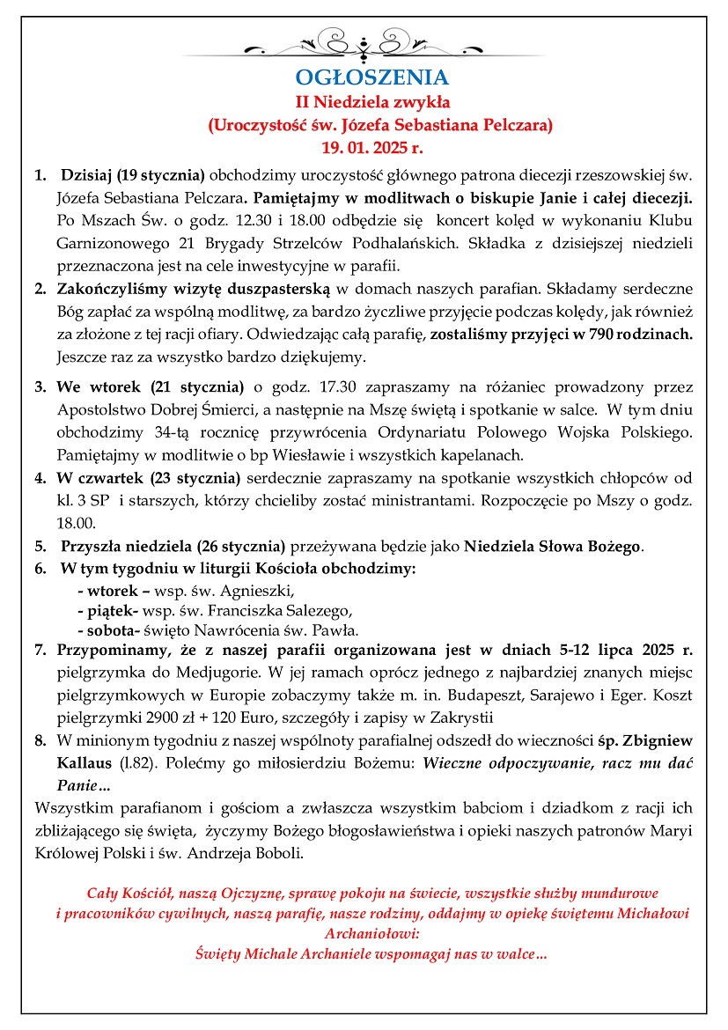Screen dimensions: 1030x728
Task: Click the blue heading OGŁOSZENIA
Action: (371, 77)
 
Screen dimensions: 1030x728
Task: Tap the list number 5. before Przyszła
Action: (40, 546)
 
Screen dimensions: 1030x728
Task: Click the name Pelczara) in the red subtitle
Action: (516, 124)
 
